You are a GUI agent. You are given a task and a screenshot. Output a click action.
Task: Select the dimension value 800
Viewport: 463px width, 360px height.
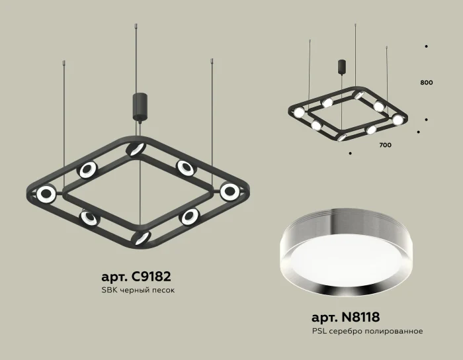click(x=427, y=83)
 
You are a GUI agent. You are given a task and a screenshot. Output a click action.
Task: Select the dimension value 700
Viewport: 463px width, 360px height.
click(x=385, y=144)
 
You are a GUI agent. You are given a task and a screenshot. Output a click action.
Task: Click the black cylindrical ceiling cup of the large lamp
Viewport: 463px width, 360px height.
click(x=140, y=106)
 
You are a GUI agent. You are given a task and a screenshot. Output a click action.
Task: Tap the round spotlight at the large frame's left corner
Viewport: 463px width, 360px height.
click(x=46, y=194)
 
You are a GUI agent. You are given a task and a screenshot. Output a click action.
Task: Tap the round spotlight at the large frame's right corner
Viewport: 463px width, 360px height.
click(x=230, y=192)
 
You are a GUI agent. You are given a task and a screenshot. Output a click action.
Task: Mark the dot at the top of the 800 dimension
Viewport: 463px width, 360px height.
click(x=427, y=46)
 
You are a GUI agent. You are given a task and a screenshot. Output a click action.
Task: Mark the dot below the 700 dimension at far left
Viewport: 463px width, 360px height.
click(x=350, y=153)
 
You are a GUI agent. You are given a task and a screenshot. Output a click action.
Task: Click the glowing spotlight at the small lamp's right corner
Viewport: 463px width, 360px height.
click(x=397, y=120)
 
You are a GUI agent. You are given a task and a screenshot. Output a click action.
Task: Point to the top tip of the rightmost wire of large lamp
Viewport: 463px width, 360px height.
click(x=212, y=62)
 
